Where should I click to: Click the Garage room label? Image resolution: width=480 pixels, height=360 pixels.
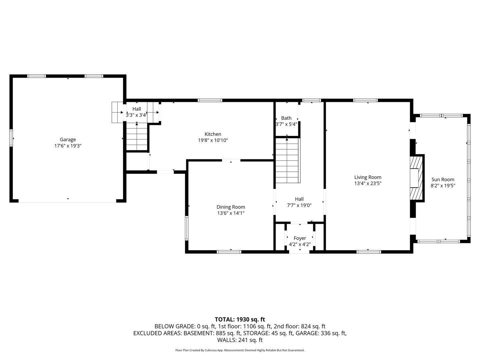pos(68,139)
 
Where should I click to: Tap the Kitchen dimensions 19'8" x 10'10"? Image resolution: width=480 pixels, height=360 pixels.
pos(213,140)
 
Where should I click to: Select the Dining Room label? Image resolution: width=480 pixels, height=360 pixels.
pos(231,207)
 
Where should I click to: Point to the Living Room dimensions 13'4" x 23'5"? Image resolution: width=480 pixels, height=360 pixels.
pos(368,183)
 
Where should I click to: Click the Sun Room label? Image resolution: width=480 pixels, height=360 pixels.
pos(443,179)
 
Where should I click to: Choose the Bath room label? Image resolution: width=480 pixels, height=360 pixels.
pos(286,118)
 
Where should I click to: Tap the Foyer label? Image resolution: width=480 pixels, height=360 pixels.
pos(300,238)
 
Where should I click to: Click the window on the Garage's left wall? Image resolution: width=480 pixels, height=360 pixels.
pos(11,138)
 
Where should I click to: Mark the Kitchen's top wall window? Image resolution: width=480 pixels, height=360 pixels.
pos(210,100)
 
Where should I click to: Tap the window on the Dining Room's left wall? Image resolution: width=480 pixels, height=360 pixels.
pos(187,228)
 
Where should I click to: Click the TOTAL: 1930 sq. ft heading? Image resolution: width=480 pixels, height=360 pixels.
pos(240,319)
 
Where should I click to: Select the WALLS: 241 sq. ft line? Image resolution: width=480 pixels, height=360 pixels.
pos(240,340)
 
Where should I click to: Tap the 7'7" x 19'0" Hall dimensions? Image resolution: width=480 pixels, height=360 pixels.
pos(299,205)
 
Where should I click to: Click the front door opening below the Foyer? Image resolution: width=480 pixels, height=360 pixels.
pos(299,252)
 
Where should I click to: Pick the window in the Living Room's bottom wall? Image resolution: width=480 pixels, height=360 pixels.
pos(369,252)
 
